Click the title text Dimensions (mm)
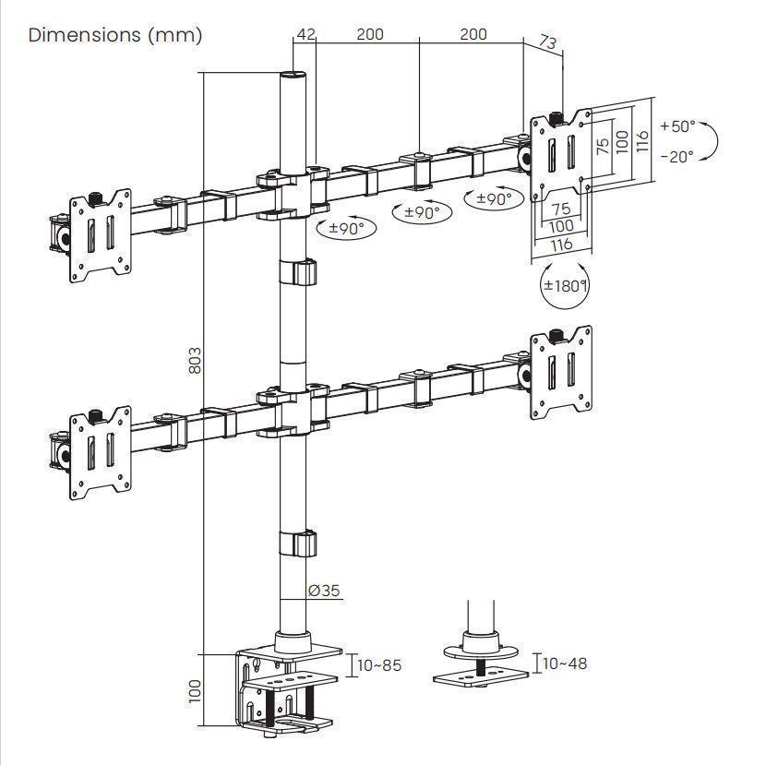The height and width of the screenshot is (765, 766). point(115,35)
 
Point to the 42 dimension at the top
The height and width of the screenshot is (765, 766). point(305,35)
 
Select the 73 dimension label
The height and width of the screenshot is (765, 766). point(547,42)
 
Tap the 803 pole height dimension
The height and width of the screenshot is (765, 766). point(195,361)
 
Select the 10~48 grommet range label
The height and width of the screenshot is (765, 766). point(565,663)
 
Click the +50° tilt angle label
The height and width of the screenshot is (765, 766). point(677,126)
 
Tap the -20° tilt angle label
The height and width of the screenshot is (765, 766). point(677,157)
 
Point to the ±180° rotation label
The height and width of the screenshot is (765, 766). point(564,285)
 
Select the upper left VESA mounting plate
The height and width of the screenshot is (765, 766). point(101,234)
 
